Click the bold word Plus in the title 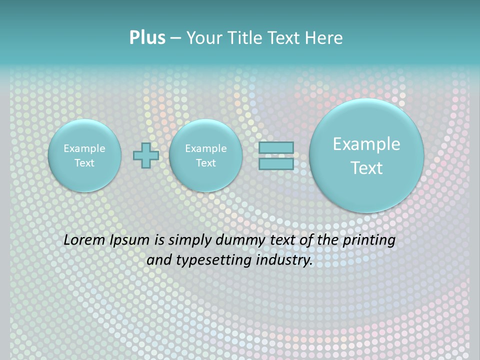(147, 38)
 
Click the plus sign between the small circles (146, 155)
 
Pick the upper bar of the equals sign (276, 147)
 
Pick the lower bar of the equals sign (276, 163)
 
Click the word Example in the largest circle (366, 144)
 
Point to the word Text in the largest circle (366, 168)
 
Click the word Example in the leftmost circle (84, 148)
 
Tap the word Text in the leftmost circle (84, 163)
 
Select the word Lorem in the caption (84, 240)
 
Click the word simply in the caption (190, 240)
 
